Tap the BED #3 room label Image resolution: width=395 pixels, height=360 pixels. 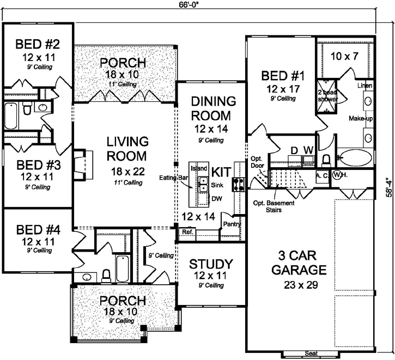[37, 165]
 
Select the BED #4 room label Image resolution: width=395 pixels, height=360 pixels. [37, 229]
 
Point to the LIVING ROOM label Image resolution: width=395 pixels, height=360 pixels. [127, 148]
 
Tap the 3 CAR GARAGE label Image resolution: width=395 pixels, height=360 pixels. [295, 263]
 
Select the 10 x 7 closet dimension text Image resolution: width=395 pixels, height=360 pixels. [344, 56]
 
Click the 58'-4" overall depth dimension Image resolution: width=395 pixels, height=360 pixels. [387, 186]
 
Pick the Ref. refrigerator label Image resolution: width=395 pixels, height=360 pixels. [188, 232]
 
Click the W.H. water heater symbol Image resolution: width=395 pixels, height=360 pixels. [337, 175]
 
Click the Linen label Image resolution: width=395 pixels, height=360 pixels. [364, 86]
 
